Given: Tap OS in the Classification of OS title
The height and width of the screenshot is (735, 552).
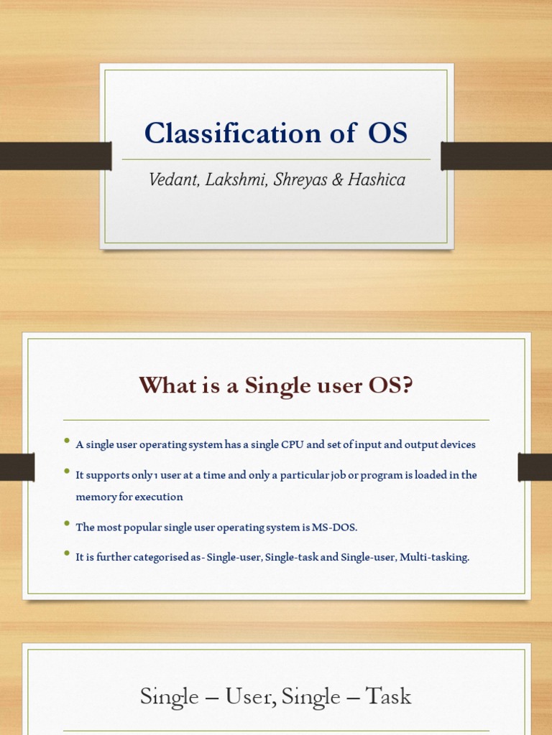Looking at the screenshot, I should [387, 134].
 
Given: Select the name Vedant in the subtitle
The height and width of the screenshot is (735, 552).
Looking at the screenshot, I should [173, 179].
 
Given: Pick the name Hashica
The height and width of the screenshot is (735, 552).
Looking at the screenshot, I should [377, 179].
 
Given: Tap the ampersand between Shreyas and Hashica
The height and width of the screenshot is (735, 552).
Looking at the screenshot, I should [337, 179].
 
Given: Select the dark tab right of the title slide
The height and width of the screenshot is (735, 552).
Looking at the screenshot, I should [496, 156].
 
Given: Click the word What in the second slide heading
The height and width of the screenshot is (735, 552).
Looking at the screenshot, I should [168, 385].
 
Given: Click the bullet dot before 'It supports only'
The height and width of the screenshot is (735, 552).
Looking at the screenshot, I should [67, 472].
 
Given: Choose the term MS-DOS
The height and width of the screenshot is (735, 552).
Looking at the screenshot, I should [334, 528].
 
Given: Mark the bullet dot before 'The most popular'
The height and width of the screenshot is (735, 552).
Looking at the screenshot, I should [67, 524].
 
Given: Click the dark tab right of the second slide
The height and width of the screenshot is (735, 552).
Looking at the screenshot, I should [534, 467].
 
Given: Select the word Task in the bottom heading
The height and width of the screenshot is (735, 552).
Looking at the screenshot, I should [387, 696].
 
